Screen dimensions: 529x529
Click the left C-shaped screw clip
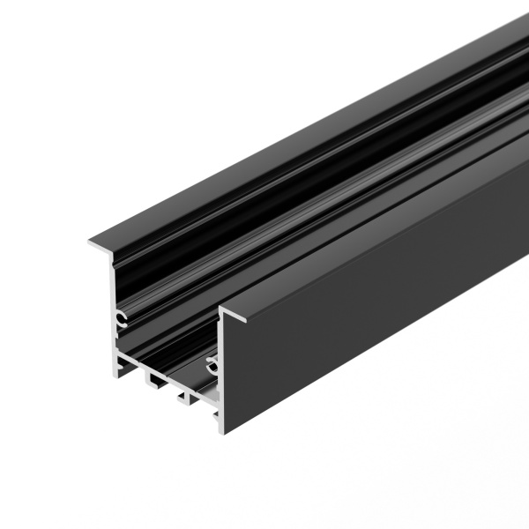tap(121, 318)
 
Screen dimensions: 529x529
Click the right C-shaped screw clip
tap(211, 361)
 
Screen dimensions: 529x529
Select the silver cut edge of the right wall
tap(220, 370)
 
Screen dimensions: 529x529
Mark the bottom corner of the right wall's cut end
tap(221, 432)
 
